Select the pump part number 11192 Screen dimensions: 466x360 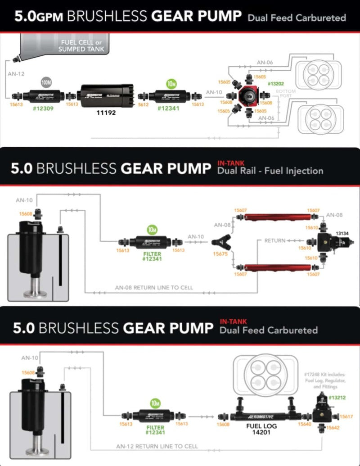pyautogui.click(x=106, y=113)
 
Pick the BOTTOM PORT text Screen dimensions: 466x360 pyautogui.click(x=288, y=94)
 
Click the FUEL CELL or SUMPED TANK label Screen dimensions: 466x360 pyautogui.click(x=81, y=45)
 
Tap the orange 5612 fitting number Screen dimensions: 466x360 pyautogui.click(x=143, y=104)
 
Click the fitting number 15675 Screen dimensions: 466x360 pyautogui.click(x=220, y=254)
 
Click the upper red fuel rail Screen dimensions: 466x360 pyautogui.click(x=277, y=217)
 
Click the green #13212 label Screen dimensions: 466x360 pyautogui.click(x=337, y=398)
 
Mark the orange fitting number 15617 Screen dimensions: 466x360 pyautogui.click(x=346, y=416)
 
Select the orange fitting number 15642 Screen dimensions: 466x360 pyautogui.click(x=333, y=427)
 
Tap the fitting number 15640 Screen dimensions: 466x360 pyautogui.click(x=305, y=424)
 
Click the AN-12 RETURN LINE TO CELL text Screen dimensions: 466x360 pyautogui.click(x=157, y=446)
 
